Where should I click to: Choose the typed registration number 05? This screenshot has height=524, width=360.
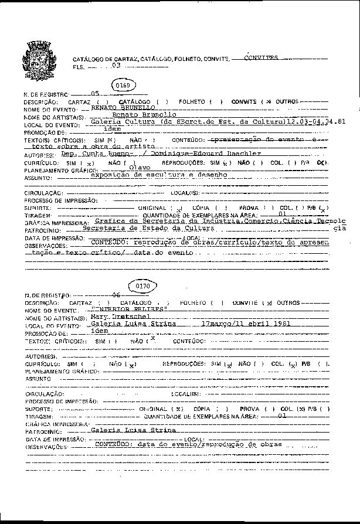pyautogui.click(x=95, y=94)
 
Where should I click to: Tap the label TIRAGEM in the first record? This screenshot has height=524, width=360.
pyautogui.click(x=35, y=216)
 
